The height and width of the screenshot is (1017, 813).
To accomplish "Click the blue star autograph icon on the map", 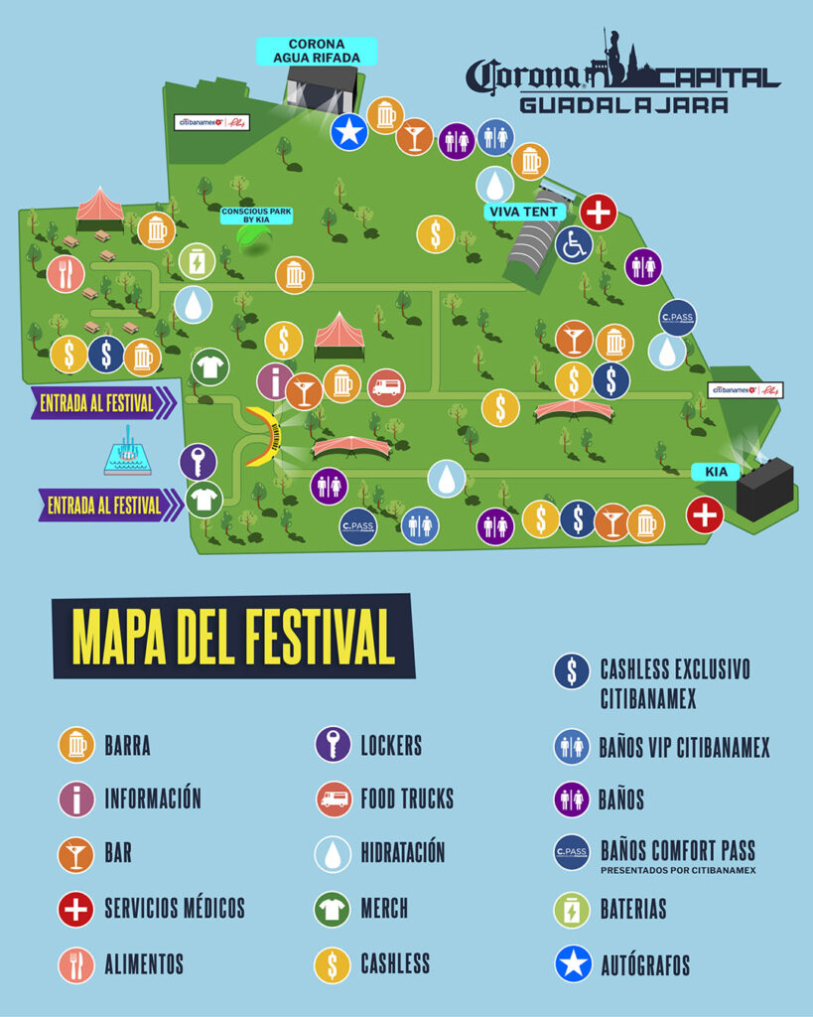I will pyautogui.click(x=348, y=131).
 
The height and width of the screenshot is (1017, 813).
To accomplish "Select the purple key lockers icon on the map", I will pyautogui.click(x=198, y=461).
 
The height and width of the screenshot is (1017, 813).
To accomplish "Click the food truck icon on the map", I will pyautogui.click(x=386, y=386).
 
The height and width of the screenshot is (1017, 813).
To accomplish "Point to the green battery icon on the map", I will pyautogui.click(x=197, y=261).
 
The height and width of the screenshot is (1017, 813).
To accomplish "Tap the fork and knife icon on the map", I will pyautogui.click(x=66, y=273).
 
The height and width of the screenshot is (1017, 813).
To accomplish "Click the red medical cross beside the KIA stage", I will pyautogui.click(x=705, y=515).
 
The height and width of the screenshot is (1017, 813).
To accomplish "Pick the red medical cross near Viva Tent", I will pyautogui.click(x=599, y=212).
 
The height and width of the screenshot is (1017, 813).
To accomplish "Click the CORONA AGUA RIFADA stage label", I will pyautogui.click(x=317, y=51).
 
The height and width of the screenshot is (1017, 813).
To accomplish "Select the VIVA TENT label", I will pyautogui.click(x=525, y=212).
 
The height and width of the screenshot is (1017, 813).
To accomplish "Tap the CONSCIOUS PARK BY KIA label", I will pyautogui.click(x=258, y=216).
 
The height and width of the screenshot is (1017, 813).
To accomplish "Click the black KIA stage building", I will pyautogui.click(x=763, y=488).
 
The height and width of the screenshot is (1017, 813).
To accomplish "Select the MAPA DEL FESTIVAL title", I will pyautogui.click(x=233, y=637).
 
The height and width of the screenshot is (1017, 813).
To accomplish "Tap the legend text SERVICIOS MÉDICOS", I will pyautogui.click(x=174, y=908).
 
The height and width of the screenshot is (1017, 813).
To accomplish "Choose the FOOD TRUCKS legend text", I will pyautogui.click(x=406, y=799).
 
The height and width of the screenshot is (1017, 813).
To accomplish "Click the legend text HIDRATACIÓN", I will pyautogui.click(x=402, y=853).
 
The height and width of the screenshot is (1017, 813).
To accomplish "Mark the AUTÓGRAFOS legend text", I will pyautogui.click(x=644, y=964).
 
